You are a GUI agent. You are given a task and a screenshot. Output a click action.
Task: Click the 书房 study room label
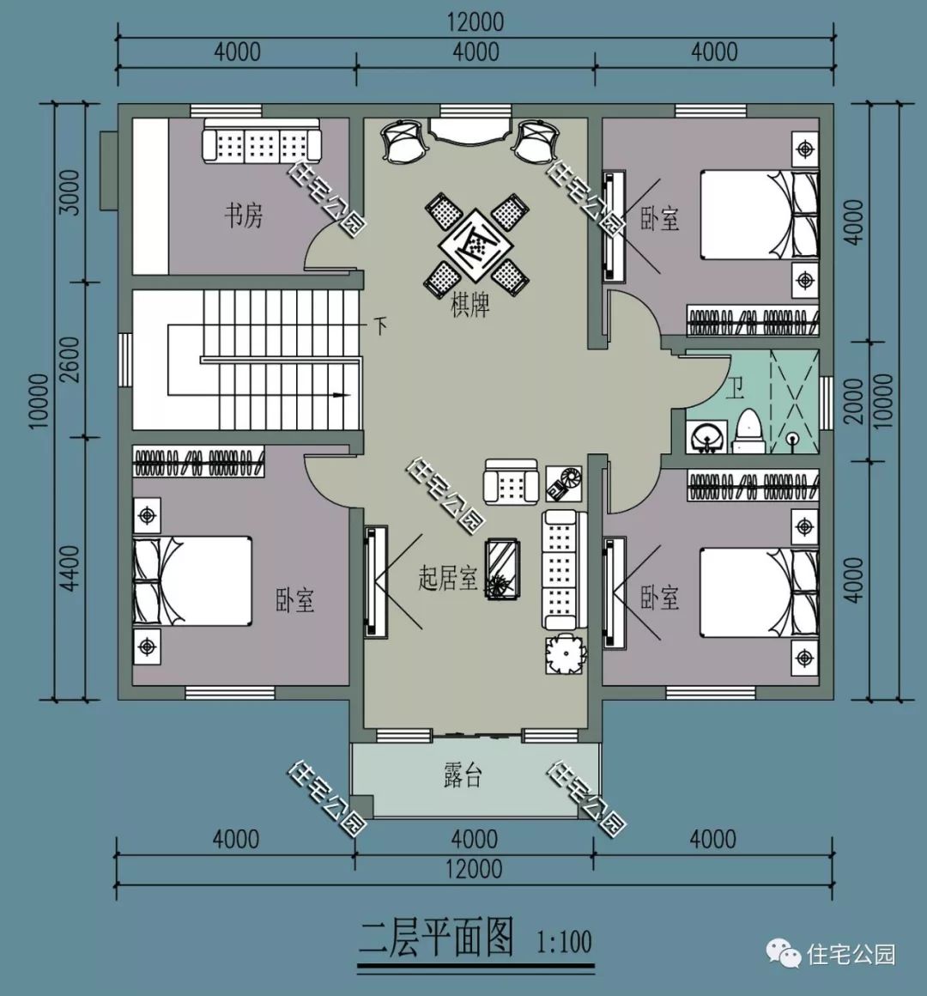[x=244, y=215]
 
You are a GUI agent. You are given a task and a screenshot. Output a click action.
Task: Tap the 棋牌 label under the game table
[x=470, y=306]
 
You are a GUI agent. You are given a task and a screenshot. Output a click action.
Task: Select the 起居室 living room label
[x=447, y=578]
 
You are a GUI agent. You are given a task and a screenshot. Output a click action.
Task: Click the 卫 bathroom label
[x=735, y=389]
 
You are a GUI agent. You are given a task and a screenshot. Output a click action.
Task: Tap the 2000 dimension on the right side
[x=853, y=400]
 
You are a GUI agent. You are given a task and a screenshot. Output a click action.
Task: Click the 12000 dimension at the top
[x=475, y=21]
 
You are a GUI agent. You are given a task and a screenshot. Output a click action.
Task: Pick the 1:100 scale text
[x=564, y=942]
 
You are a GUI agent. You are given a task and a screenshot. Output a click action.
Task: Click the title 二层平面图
[x=436, y=937]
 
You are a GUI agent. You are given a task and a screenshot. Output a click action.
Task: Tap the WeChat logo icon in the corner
[x=782, y=953]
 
